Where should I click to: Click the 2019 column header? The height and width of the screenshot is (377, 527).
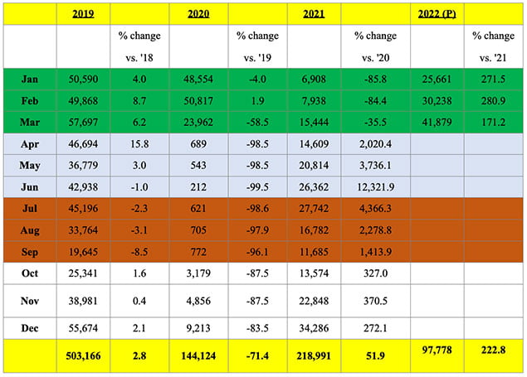83,14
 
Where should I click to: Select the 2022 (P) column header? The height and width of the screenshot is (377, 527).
437,14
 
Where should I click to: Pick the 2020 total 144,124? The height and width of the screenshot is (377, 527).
198,358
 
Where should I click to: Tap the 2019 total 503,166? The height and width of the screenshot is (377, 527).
83,358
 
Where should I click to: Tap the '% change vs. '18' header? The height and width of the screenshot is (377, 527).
139,46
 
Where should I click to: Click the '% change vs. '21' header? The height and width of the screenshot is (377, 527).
494,46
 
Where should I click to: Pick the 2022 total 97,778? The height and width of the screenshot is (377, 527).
437,355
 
